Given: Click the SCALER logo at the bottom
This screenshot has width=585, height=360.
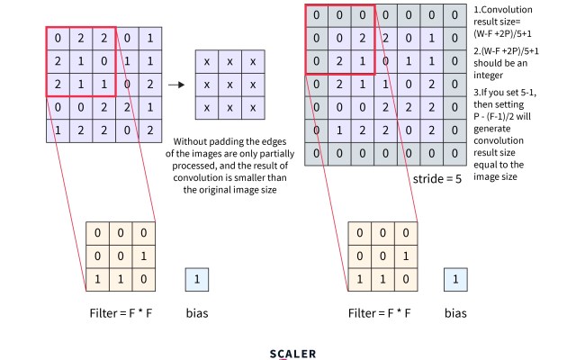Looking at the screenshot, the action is (293, 354).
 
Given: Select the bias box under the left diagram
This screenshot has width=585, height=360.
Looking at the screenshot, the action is (197, 279).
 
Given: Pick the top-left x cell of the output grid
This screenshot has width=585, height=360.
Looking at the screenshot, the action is (207, 62).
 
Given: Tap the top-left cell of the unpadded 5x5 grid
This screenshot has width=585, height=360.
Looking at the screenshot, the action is (57, 39).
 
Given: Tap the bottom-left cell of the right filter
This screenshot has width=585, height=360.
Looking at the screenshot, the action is (360, 278).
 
